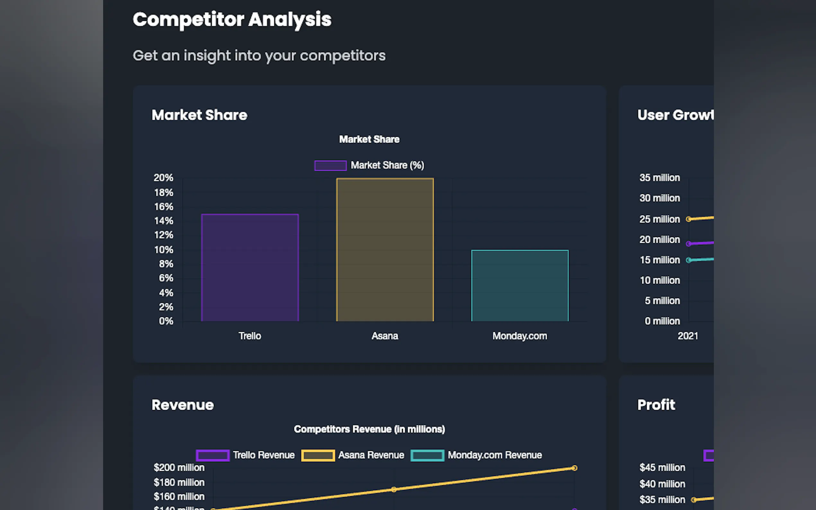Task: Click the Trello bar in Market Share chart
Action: pos(250,268)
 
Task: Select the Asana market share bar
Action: pos(385,250)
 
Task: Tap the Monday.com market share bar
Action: pos(519,286)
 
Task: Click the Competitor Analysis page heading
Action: pos(232,20)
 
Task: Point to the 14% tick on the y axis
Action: pos(164,221)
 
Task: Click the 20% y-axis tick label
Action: pos(163,178)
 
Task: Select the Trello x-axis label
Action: pos(250,336)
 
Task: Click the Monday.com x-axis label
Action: pos(519,336)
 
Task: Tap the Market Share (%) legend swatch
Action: pos(330,166)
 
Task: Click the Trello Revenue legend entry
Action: pos(245,455)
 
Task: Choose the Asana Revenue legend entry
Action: pos(352,455)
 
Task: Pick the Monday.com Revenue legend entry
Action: pos(476,455)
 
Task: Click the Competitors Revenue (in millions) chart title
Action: pos(369,429)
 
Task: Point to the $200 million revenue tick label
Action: pos(179,468)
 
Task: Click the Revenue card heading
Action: pos(182,405)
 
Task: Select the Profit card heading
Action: pos(656,405)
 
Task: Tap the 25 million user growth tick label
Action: pos(660,219)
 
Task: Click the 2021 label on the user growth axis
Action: pos(688,336)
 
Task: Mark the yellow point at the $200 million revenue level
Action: pos(574,468)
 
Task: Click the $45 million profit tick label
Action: pos(662,468)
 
